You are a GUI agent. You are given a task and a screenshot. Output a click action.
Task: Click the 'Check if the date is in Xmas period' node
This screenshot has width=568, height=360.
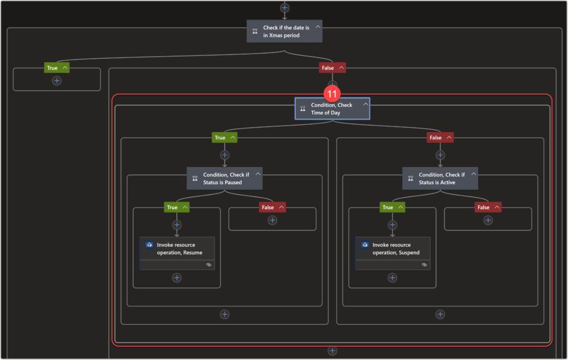[x=284, y=31]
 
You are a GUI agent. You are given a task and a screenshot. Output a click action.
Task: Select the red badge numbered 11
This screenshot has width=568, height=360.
[x=333, y=94]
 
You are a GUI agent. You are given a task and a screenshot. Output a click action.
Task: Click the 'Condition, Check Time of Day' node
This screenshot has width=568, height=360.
[x=332, y=109]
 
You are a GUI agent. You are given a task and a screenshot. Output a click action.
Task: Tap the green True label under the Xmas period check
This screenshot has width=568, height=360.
[x=52, y=68]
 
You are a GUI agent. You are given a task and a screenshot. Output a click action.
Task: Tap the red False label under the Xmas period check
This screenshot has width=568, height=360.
[x=328, y=68]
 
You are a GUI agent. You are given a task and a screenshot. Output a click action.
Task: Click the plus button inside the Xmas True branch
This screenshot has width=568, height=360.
[x=57, y=80]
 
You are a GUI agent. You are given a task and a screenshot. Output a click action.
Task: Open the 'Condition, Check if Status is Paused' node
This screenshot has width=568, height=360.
[x=224, y=178]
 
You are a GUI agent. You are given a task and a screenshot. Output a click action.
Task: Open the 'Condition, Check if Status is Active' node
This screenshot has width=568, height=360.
[x=440, y=178]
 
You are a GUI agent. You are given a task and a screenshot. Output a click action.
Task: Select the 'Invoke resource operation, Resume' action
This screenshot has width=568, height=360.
[x=177, y=249]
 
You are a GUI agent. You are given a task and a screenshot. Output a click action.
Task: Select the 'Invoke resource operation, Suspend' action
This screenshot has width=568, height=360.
[x=393, y=249]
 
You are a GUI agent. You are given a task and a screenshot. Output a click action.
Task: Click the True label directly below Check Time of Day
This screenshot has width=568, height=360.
[x=220, y=138]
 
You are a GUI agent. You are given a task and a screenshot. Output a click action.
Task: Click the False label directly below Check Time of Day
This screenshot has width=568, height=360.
[x=435, y=138]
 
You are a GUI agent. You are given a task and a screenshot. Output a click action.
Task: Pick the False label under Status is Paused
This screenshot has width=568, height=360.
[x=268, y=207]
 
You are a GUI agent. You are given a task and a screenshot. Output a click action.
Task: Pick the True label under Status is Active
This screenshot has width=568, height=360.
[x=388, y=207]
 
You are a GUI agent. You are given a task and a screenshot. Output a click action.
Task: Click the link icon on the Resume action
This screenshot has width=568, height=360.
[x=209, y=265]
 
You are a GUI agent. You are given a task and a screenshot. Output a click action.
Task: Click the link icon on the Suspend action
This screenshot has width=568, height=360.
[x=424, y=265]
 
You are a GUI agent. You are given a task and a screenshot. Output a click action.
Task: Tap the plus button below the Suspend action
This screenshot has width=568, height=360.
[x=393, y=277]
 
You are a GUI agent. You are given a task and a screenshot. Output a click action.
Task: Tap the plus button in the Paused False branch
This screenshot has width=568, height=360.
[x=272, y=220]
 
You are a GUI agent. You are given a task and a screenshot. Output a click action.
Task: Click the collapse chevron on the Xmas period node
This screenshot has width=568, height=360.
[x=318, y=27]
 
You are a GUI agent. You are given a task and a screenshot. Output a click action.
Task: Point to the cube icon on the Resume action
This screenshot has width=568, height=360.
[x=149, y=245]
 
